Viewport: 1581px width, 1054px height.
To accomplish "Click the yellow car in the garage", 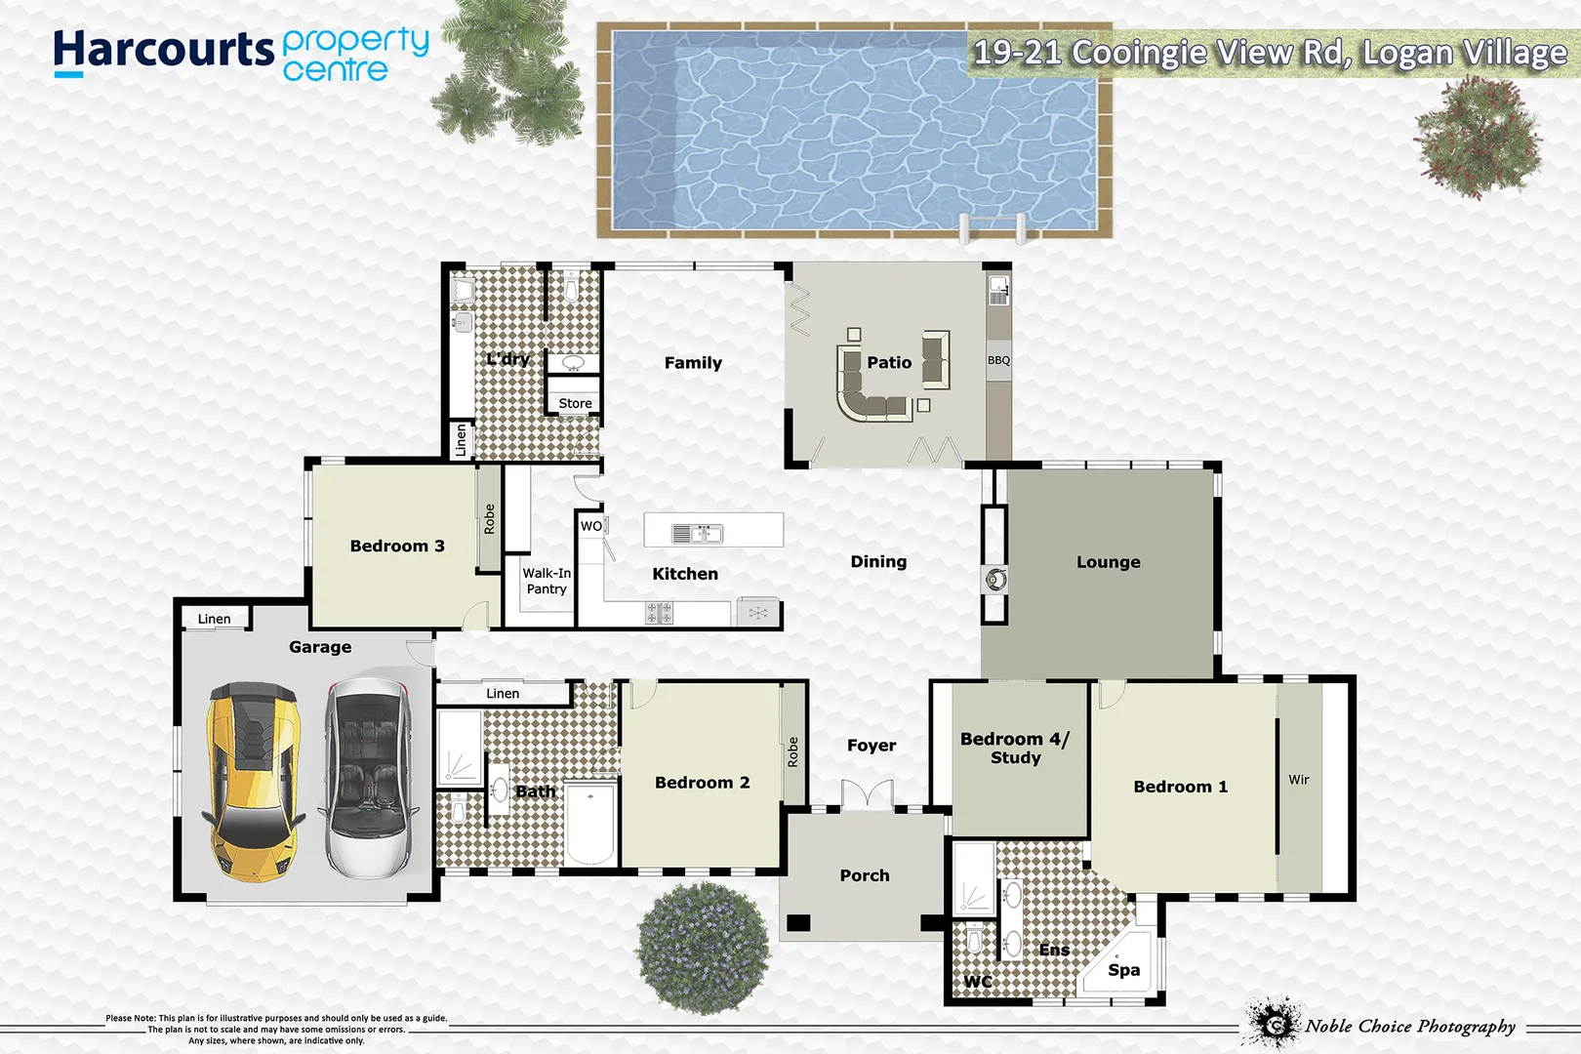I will (x=252, y=781).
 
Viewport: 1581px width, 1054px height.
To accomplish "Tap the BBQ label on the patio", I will (x=998, y=360).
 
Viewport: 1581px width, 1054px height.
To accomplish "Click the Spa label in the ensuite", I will (x=1123, y=970).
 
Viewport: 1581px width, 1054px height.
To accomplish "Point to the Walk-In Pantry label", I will (x=547, y=581).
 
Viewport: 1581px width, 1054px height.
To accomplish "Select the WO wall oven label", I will (x=591, y=526).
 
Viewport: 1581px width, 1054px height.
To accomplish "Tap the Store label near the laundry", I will (x=575, y=403).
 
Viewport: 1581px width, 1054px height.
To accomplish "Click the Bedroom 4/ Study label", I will (x=1015, y=748).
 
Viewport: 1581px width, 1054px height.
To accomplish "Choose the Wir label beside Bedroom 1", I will (x=1298, y=780).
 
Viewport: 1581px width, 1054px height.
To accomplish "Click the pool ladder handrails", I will (x=992, y=227).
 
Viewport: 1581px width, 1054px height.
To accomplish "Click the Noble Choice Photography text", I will (x=1410, y=1026).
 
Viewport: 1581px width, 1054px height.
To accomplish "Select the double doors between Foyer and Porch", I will (x=868, y=794).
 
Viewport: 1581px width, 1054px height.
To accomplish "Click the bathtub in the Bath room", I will (x=589, y=824).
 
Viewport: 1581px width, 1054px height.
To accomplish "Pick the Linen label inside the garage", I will (x=214, y=619).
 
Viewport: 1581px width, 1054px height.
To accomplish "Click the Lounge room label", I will (x=1108, y=562).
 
